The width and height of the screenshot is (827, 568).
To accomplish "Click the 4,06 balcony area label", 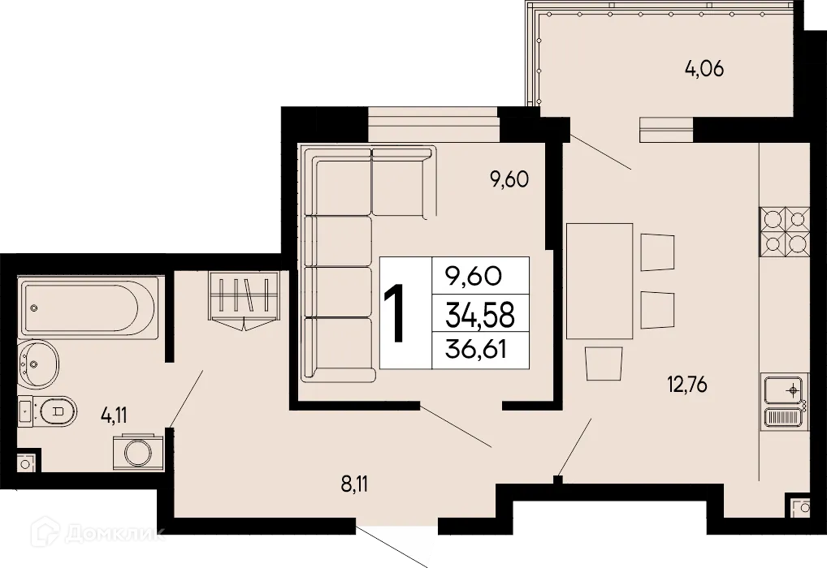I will pos(704,69).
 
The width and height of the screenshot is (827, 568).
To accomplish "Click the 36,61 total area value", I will pos(478,351).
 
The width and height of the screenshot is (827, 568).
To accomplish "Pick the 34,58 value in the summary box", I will pos(478,313).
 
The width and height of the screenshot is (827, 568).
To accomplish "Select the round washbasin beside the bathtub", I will pos(37,366).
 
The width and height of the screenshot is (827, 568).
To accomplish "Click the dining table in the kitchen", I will pos(599,281).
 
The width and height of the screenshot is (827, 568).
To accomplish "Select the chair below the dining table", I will pos(604,363).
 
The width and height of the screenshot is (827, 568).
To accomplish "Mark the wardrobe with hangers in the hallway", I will pos(243,297).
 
